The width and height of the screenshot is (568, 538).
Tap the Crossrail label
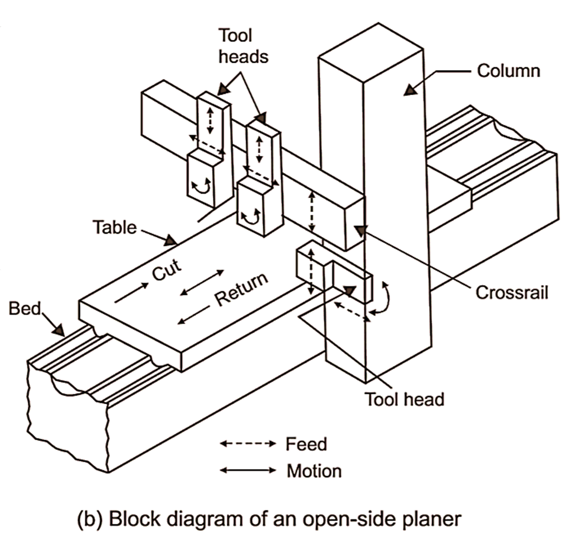click(x=512, y=292)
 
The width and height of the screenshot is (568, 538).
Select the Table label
click(x=114, y=227)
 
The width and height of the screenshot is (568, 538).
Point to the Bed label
click(x=24, y=308)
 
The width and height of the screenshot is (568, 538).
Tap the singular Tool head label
click(x=404, y=399)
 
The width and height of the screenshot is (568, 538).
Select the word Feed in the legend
click(x=306, y=444)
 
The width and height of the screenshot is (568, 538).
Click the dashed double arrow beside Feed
click(x=247, y=444)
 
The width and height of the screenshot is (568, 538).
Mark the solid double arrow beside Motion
click(x=247, y=471)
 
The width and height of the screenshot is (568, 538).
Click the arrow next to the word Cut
click(x=127, y=294)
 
